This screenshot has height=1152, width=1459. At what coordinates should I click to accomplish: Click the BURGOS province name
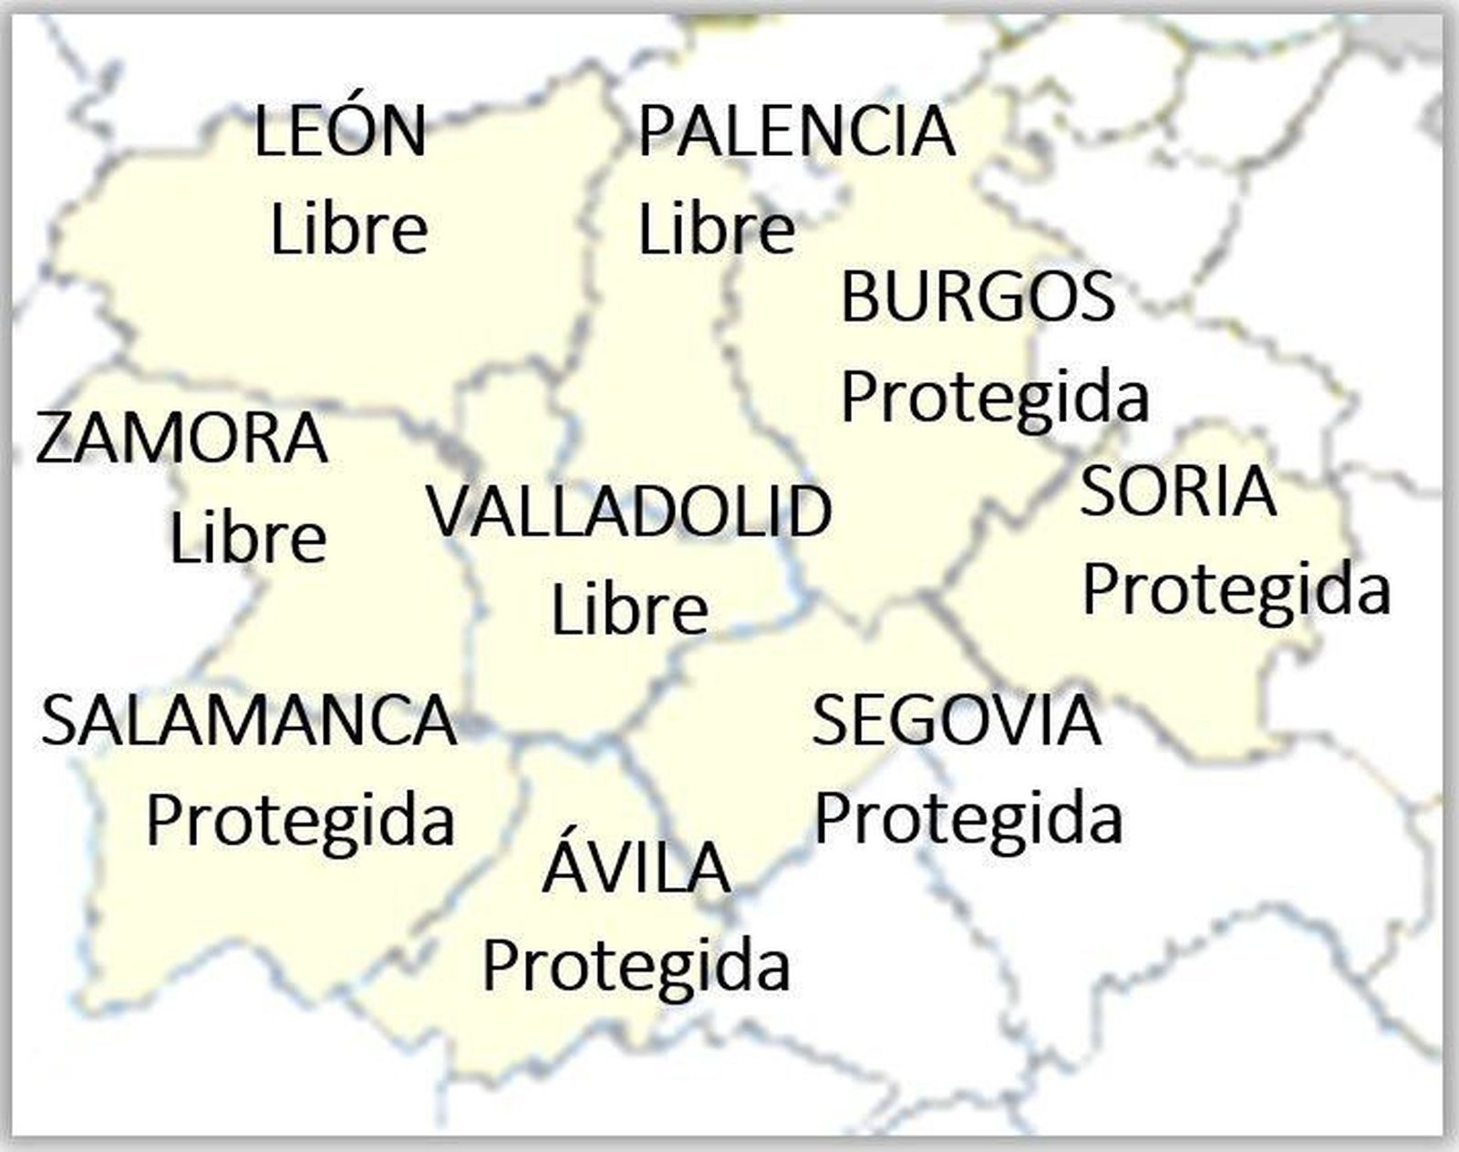coord(978,296)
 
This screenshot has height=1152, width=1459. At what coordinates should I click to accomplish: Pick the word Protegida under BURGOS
coord(994,398)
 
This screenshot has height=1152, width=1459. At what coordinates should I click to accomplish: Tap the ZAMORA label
coord(181,439)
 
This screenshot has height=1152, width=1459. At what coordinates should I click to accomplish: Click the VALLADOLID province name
coord(629,511)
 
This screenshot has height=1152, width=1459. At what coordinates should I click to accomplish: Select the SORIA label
coord(1177,491)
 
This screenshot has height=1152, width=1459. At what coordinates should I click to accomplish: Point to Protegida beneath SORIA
coord(1236,590)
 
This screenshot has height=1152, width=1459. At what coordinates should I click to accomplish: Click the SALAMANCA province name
coord(248,721)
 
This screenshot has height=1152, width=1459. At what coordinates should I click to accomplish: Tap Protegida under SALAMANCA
coord(300,821)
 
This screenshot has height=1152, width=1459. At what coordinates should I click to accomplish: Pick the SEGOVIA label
coord(957,721)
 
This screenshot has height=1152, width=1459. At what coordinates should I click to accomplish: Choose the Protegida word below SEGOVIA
coord(967,819)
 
